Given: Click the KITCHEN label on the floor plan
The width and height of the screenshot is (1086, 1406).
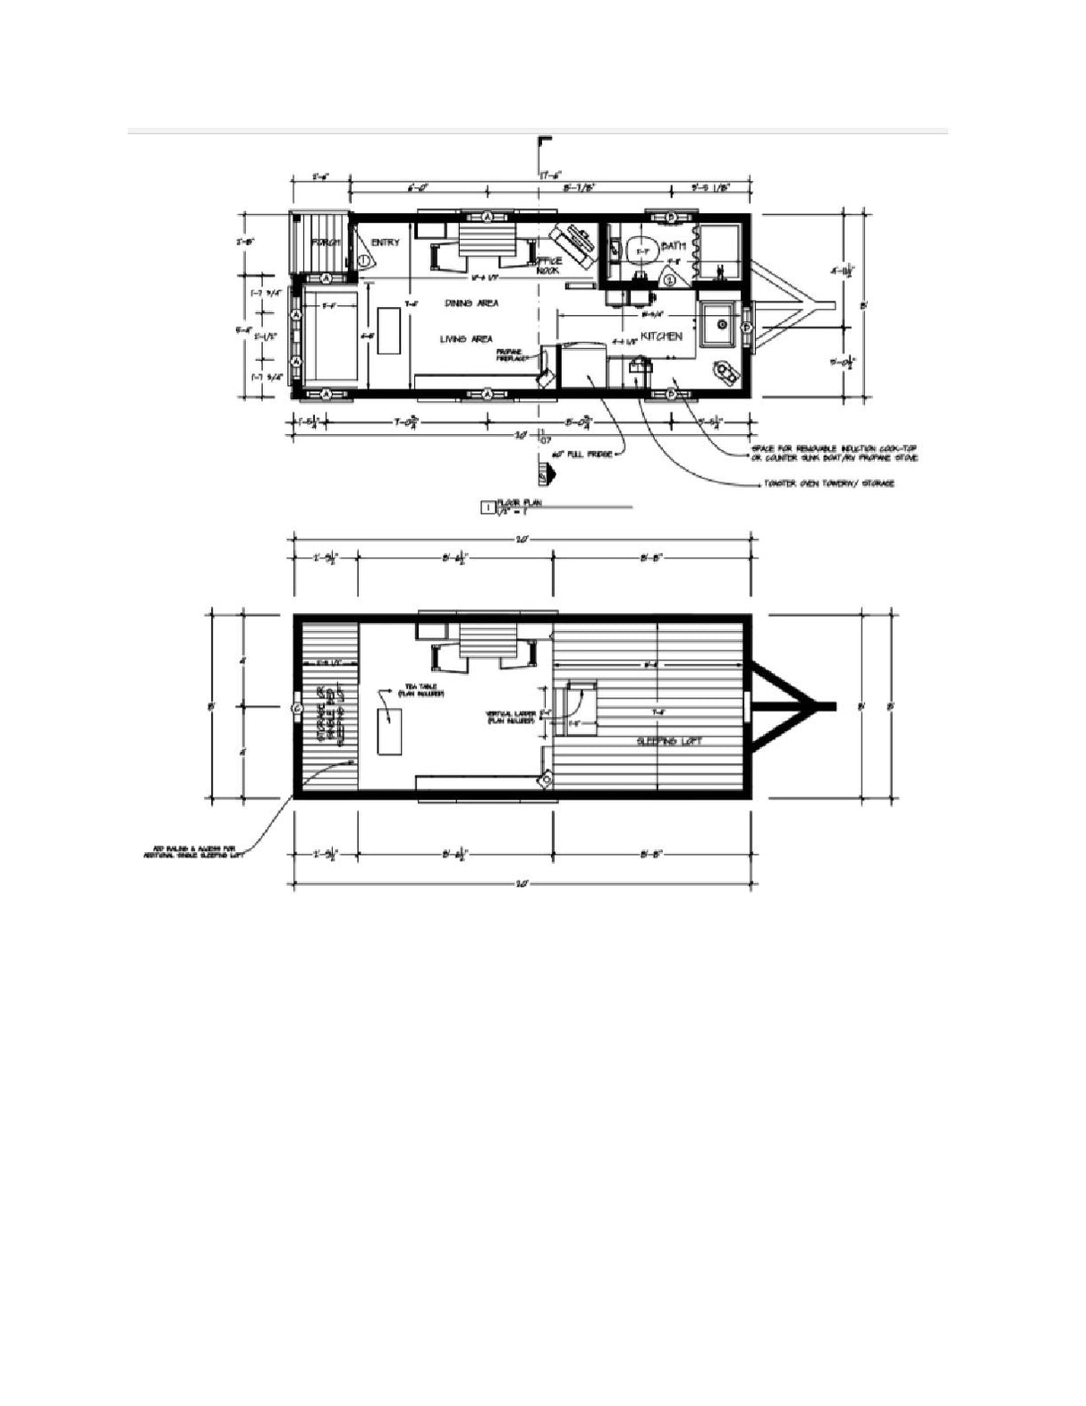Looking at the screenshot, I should (661, 337).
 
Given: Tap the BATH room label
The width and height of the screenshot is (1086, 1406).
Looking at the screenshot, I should (673, 246).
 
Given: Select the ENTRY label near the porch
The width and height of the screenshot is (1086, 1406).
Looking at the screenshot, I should (386, 243).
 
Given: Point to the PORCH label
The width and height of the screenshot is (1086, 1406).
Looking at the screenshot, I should (322, 243).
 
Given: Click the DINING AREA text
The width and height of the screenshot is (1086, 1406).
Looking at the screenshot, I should (471, 303).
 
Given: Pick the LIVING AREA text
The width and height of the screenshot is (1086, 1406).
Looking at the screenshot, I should (465, 338).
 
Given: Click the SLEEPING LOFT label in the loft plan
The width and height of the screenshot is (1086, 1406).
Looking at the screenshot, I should (668, 741).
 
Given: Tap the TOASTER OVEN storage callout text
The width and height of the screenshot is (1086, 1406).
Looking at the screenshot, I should (824, 484).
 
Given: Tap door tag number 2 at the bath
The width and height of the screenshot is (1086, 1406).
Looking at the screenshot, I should (670, 279).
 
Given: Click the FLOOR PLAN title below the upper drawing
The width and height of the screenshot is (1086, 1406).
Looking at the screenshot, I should (524, 503).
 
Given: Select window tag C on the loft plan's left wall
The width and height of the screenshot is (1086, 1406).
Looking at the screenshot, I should (296, 708).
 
